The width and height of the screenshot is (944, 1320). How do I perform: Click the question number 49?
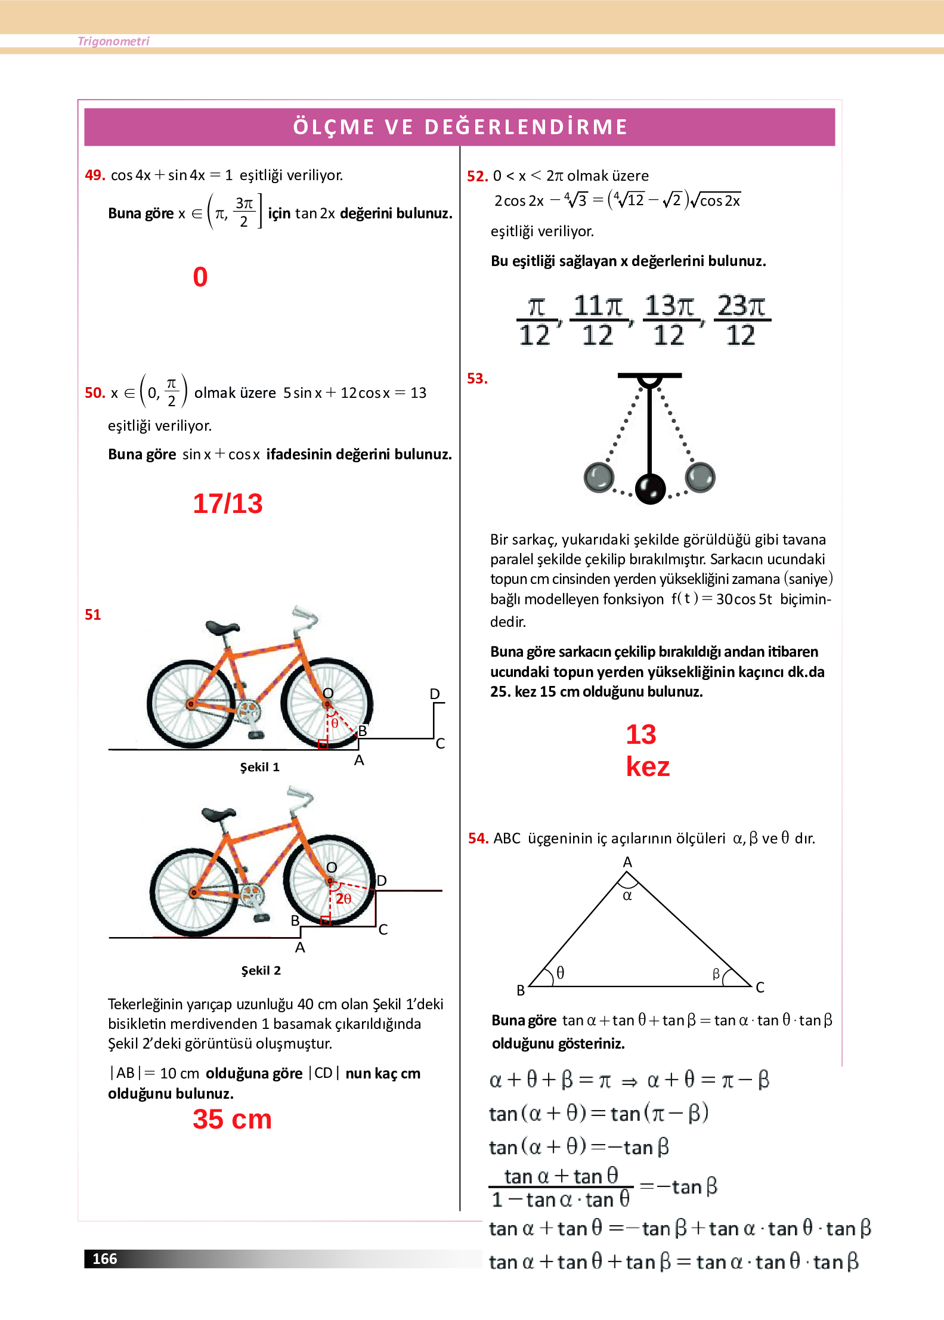pos(94,175)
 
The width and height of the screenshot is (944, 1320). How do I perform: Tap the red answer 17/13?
pos(227,503)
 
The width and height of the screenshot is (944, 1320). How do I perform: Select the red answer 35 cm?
pos(232,1119)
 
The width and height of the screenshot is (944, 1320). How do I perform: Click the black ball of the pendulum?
pos(650,489)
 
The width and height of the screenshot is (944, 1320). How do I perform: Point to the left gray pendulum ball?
pos(599,477)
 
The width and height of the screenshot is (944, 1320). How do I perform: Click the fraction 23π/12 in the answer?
pos(741,320)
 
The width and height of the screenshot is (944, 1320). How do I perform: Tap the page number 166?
pos(105,1259)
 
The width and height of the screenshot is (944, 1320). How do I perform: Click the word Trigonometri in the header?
pos(113,41)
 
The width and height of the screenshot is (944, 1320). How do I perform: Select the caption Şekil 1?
pos(259,767)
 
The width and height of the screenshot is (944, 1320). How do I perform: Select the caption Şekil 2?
pos(261,970)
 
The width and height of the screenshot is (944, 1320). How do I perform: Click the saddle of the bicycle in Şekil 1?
pos(222,627)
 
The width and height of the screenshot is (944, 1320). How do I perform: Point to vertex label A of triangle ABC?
pos(627,863)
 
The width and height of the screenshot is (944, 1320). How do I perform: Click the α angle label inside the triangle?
pos(627,895)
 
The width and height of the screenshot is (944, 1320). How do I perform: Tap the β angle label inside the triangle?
pos(716,974)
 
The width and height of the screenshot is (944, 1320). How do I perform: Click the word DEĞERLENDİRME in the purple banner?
pos(526,127)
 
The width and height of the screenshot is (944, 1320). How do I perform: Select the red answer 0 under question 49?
pos(200,277)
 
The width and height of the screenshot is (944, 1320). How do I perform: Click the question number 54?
pos(478,839)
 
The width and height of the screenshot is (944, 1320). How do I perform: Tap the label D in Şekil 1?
pos(435,694)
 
